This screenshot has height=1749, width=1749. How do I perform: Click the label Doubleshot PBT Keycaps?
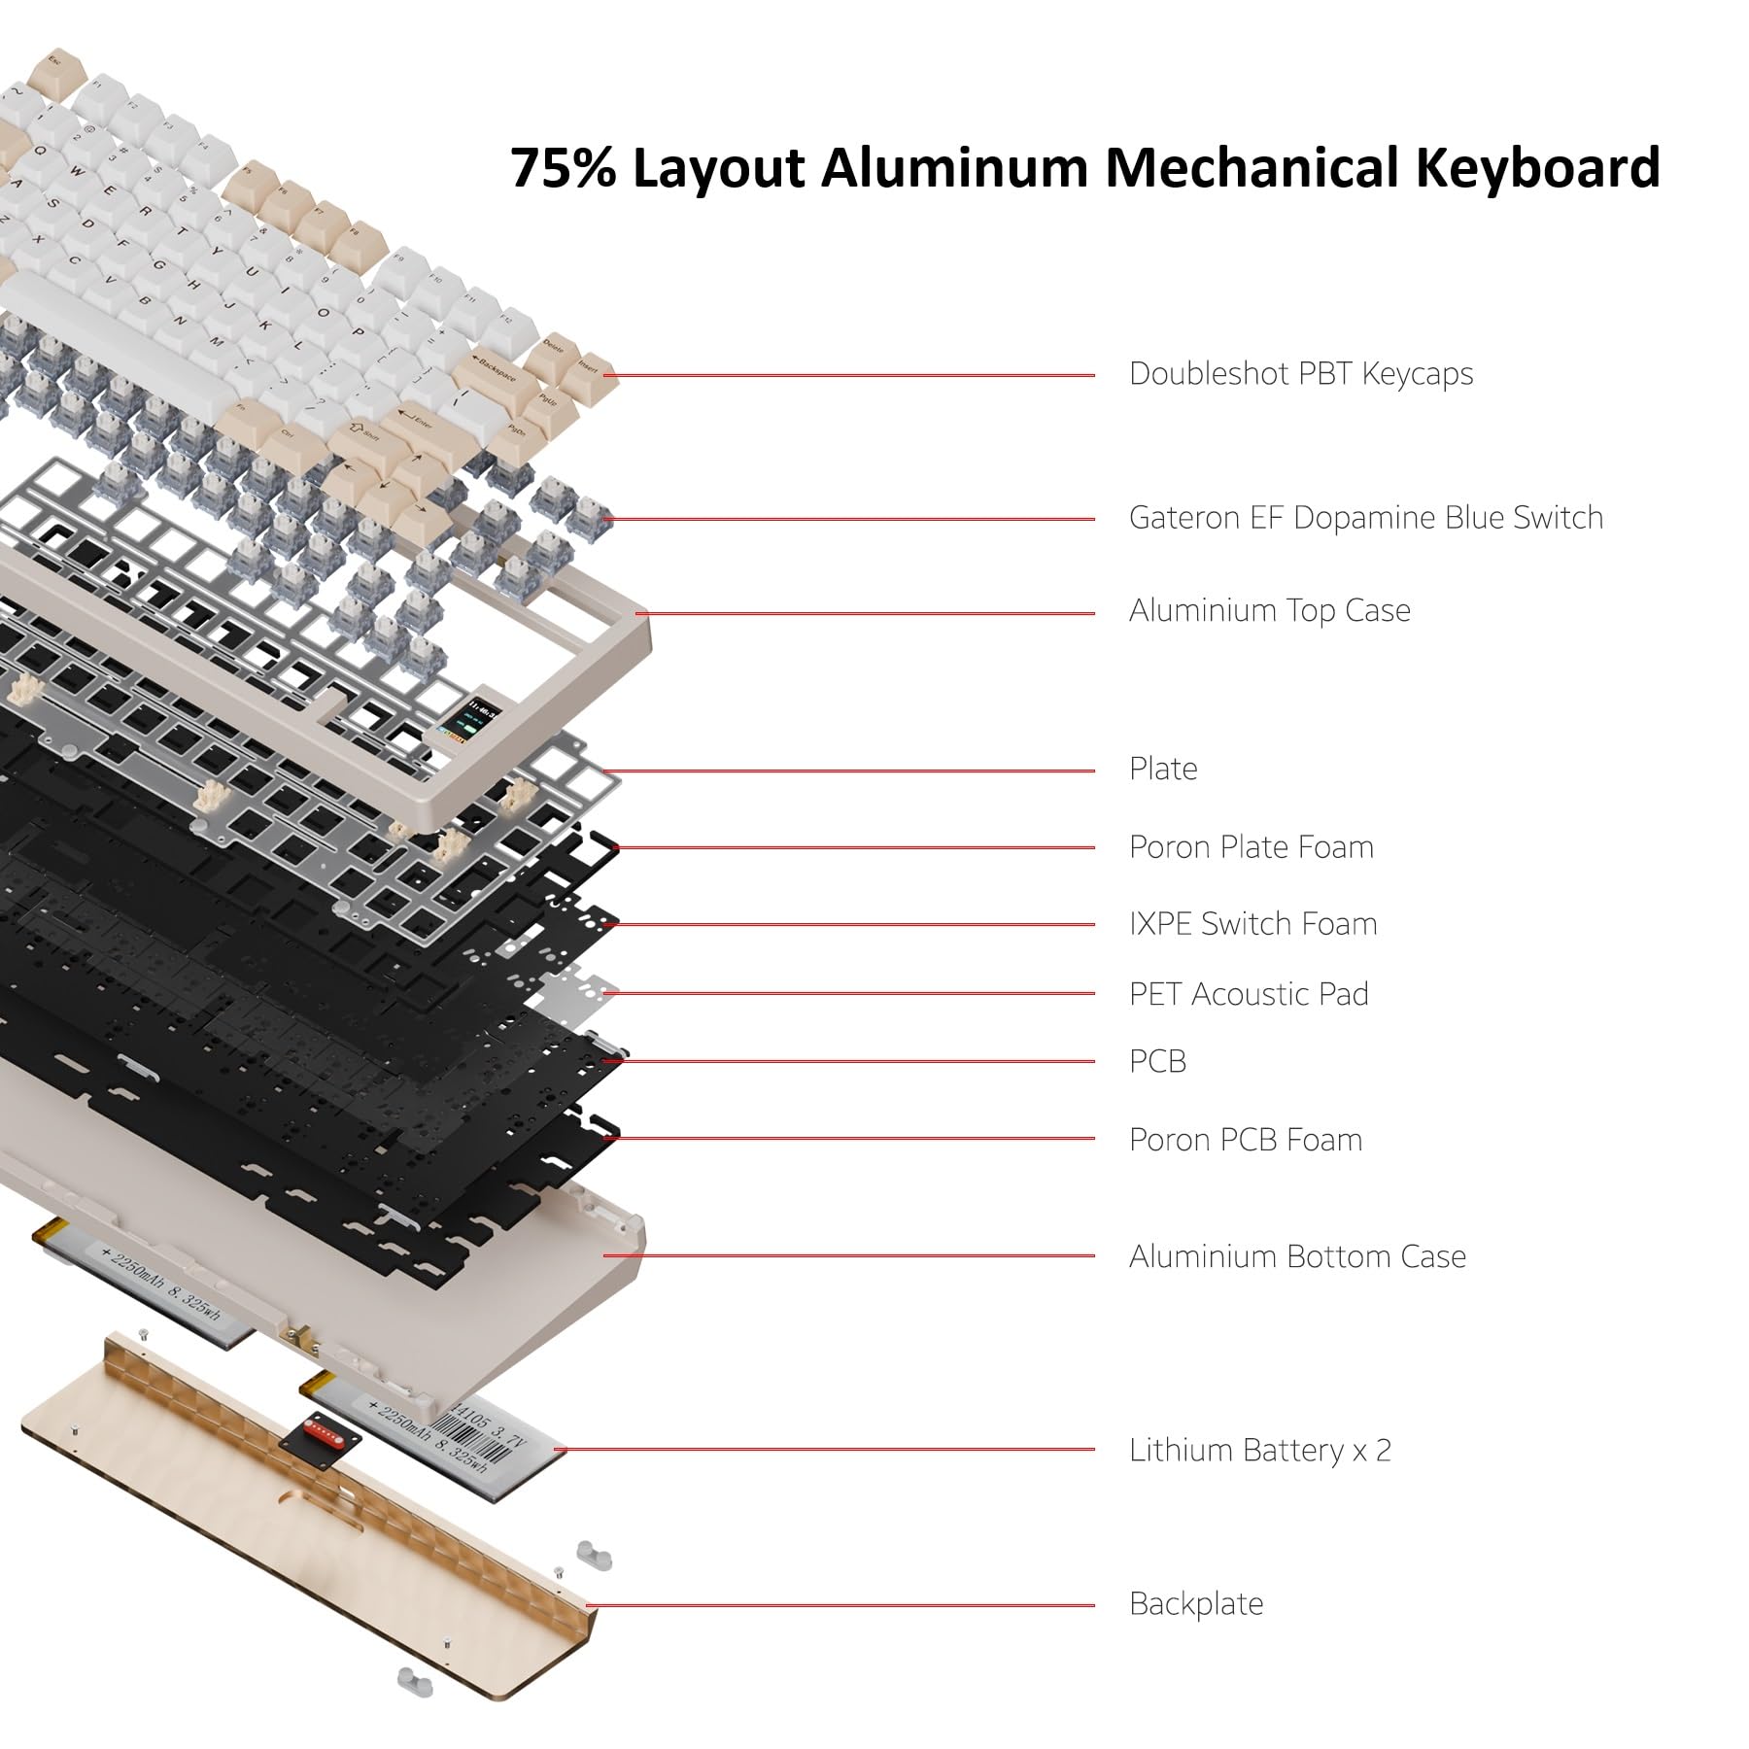1300,374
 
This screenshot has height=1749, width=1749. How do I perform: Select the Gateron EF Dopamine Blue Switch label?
1365,518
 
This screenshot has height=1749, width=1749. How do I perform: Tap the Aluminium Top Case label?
1269,611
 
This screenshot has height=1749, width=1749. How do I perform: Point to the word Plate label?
1162,769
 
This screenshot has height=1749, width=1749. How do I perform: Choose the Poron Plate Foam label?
1251,847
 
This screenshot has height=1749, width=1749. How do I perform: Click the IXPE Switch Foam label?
1252,924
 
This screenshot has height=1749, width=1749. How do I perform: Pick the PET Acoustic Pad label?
1248,994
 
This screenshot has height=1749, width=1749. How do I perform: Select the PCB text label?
1157,1061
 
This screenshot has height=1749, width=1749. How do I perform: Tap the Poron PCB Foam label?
1245,1140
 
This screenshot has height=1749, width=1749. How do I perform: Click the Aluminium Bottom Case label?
1296,1256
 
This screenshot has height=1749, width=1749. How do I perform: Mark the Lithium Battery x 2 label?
1259,1451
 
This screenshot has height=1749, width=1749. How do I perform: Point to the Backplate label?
1195,1604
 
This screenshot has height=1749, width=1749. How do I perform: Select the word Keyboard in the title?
1536,167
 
